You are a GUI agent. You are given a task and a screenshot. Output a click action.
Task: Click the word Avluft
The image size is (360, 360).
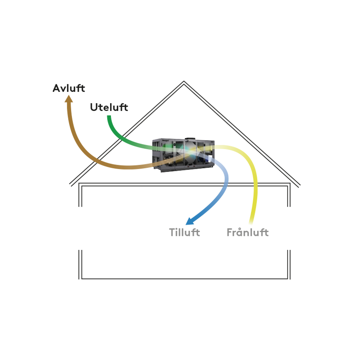tap(69, 89)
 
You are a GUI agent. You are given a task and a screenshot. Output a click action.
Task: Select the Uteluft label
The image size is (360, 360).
tap(109, 108)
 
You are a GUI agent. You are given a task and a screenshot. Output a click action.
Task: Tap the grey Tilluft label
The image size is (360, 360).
tap(184, 233)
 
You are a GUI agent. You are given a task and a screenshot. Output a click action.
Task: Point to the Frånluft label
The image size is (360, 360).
tap(247, 233)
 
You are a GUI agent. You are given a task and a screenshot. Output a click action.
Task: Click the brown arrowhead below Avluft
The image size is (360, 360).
tap(69, 99)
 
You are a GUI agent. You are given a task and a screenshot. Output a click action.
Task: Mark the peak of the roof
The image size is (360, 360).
tap(184, 82)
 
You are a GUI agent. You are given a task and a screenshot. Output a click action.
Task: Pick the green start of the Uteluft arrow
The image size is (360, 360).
tap(109, 118)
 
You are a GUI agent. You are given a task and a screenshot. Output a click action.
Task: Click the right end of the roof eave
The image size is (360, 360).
tap(299, 186)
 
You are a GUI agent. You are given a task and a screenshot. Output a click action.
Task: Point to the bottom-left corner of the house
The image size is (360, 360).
tap(80, 278)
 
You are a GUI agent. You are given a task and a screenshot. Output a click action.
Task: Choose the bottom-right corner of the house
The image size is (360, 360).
tap(289, 278)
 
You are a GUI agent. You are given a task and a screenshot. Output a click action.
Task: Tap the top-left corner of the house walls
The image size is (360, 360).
tap(80, 185)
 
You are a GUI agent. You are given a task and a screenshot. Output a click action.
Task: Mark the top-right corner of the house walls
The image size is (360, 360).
tap(289, 185)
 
